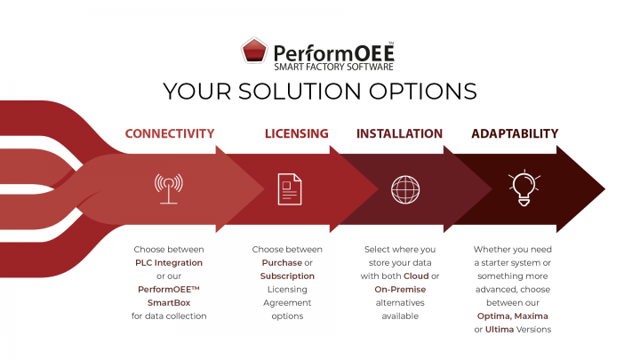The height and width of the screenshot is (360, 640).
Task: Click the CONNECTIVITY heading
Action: point(170,134)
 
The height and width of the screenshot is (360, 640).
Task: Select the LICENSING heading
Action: point(296,134)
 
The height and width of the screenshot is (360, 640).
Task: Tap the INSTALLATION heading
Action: point(399,134)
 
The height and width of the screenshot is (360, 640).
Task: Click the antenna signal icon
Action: point(169,188)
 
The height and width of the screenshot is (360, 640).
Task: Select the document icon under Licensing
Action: point(289,188)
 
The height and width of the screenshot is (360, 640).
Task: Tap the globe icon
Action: point(405,188)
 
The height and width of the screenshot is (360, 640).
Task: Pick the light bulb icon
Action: point(522,187)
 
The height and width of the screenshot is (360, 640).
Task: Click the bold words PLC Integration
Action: point(169,263)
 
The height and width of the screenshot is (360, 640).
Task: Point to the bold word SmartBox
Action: point(169,302)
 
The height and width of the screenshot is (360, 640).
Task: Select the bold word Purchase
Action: point(281,263)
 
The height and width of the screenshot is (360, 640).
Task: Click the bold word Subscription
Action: point(287,276)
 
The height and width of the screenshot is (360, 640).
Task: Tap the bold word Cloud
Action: point(416,276)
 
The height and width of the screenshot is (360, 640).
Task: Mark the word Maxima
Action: point(555,316)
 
